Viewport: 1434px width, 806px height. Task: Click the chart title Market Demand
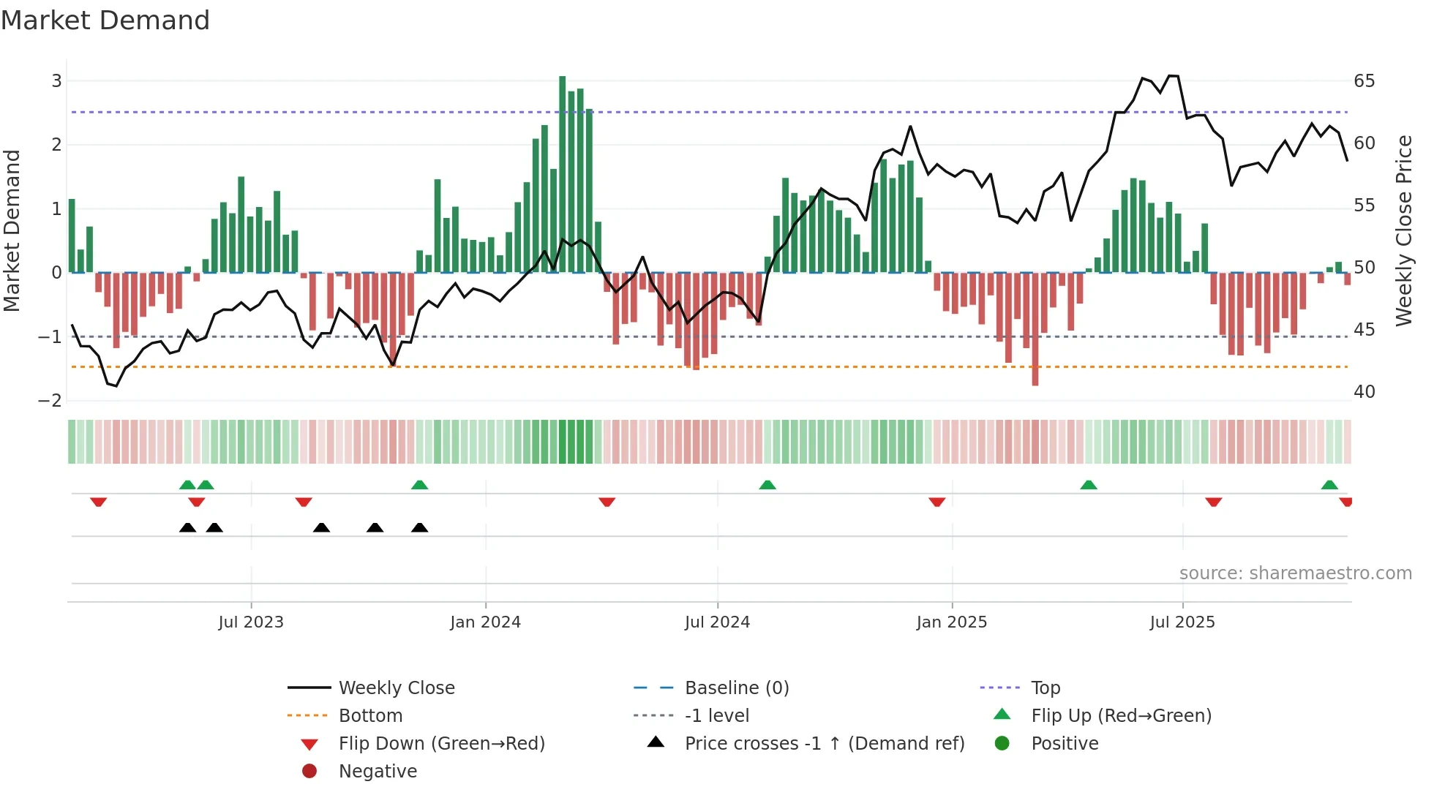click(105, 20)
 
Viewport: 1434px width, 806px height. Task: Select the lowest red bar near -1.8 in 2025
click(1035, 329)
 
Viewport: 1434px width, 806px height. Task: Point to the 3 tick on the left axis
click(56, 81)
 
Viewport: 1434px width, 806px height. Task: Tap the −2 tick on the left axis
click(50, 401)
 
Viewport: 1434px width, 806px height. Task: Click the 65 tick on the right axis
click(1364, 81)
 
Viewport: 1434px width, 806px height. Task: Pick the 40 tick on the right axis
click(1364, 392)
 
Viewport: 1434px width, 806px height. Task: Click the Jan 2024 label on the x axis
click(485, 622)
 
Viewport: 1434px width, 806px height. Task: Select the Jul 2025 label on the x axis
click(1182, 622)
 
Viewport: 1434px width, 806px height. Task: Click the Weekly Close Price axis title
click(1403, 230)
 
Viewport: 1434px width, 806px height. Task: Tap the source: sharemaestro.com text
click(1295, 573)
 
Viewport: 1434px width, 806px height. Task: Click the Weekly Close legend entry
click(396, 688)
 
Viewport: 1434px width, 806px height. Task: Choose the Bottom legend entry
click(370, 716)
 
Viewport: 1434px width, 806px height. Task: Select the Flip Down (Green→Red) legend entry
click(441, 744)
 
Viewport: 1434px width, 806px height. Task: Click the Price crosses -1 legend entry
click(824, 744)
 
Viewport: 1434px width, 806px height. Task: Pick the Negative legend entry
click(378, 772)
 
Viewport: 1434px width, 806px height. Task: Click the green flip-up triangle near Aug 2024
click(767, 485)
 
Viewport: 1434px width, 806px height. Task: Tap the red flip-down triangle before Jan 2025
click(936, 502)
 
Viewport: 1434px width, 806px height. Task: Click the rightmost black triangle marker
click(419, 527)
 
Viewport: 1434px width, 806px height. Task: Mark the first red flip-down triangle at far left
click(98, 502)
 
